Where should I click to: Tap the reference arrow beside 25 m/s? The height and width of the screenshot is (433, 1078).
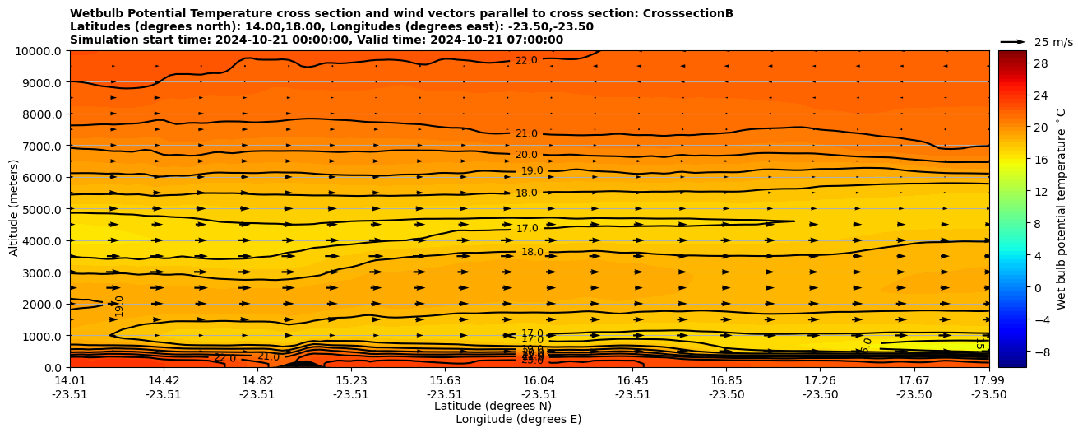pyautogui.click(x=1013, y=41)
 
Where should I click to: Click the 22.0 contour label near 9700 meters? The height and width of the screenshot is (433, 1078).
pyautogui.click(x=526, y=60)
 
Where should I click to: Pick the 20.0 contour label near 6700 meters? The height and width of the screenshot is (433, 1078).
pyautogui.click(x=526, y=155)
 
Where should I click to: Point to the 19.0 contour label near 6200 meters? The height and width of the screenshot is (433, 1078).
pyautogui.click(x=532, y=171)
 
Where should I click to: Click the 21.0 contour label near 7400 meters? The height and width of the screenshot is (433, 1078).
pyautogui.click(x=526, y=133)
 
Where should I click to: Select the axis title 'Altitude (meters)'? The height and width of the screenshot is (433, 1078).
pyautogui.click(x=14, y=209)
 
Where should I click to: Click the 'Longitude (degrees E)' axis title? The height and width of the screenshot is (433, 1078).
pyautogui.click(x=518, y=420)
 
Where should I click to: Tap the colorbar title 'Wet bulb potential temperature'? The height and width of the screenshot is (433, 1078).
pyautogui.click(x=1062, y=209)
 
